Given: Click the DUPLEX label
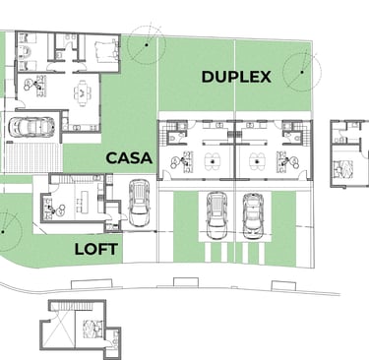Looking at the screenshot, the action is (236, 77).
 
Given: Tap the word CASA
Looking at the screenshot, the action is (129, 158).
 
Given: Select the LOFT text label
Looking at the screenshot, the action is (96, 250).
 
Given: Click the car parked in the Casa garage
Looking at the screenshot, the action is (31, 127).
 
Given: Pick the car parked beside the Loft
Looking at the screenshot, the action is (140, 203).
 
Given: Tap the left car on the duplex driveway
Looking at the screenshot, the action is (216, 215).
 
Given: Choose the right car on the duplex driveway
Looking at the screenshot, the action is (253, 216).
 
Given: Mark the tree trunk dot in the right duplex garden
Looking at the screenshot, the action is (302, 72).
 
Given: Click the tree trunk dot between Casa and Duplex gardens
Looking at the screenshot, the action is (147, 44).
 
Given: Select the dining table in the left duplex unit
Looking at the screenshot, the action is (213, 161).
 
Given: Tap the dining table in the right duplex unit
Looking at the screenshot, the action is (258, 161).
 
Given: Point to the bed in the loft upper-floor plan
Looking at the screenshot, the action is (92, 329).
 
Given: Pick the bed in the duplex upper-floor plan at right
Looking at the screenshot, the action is (343, 169).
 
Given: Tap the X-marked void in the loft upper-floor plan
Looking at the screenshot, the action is (60, 330).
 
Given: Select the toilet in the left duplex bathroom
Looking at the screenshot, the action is (174, 138).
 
